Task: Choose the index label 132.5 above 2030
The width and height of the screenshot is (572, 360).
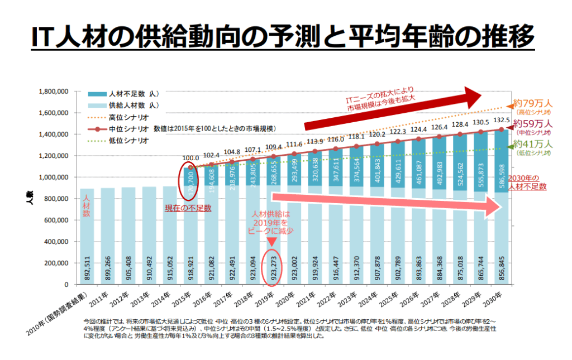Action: point(500,120)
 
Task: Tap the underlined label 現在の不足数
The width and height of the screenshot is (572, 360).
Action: point(188,208)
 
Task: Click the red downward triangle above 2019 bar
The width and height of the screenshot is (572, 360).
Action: point(271,242)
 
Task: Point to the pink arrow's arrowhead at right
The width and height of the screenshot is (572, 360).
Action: point(506,206)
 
